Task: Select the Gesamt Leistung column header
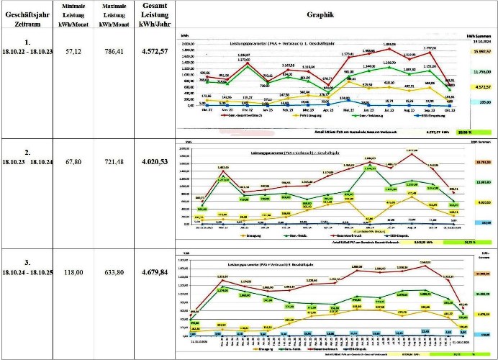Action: [151, 14]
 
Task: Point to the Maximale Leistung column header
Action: [109, 14]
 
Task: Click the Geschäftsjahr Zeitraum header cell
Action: [27, 14]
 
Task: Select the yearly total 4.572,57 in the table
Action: [151, 53]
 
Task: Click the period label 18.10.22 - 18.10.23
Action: [27, 53]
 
